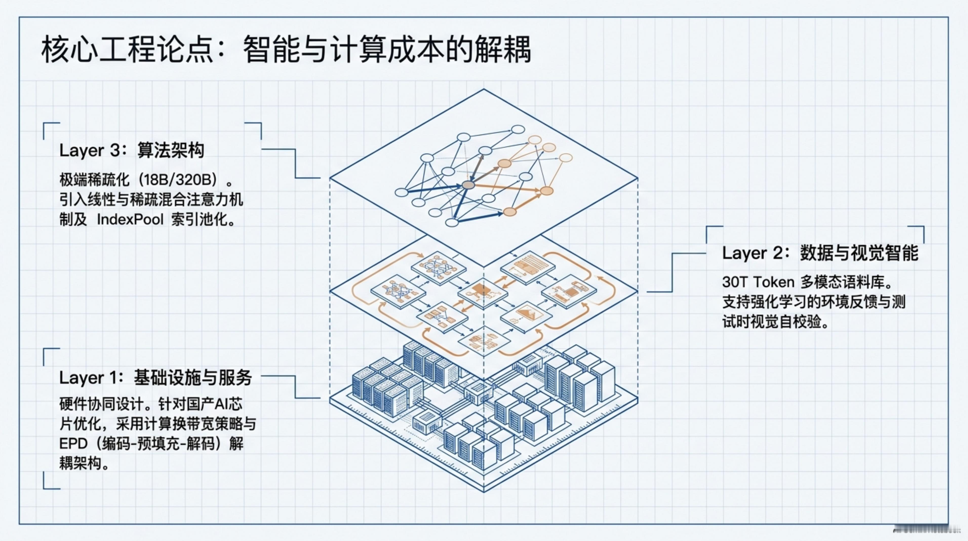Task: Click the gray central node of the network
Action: click(468, 185)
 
